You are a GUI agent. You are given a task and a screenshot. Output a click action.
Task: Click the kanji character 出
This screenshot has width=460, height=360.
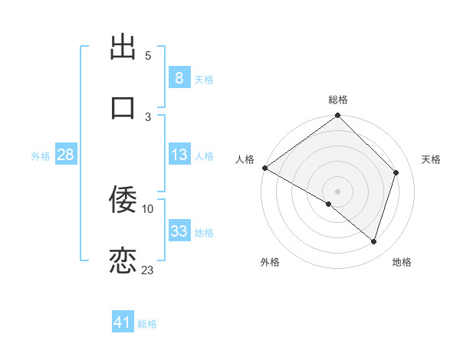[x=123, y=47]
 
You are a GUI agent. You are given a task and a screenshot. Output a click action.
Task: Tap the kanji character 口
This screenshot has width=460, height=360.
[x=123, y=107]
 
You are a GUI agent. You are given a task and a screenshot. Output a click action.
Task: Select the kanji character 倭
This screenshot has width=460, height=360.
[x=123, y=200]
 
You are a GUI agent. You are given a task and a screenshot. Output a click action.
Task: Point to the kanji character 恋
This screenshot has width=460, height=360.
[x=123, y=260]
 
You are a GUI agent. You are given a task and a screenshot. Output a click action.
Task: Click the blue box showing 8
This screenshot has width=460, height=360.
[x=179, y=77]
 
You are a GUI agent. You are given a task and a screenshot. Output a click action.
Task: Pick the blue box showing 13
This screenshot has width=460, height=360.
[x=179, y=155]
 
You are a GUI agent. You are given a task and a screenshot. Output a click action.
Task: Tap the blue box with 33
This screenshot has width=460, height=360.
[x=179, y=231]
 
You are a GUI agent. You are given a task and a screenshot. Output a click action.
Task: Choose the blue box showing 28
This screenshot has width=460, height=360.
[x=66, y=155]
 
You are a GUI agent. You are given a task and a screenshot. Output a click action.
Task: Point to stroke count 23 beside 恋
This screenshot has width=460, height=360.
[x=148, y=270]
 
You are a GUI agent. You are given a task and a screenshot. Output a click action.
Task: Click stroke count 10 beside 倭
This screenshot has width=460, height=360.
[x=148, y=208]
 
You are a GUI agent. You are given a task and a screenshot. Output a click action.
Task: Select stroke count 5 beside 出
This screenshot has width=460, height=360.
[x=148, y=56]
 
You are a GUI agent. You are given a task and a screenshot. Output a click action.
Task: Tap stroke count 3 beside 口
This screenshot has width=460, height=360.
[x=148, y=116]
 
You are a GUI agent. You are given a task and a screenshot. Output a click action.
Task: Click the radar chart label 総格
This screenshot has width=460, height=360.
[x=338, y=100]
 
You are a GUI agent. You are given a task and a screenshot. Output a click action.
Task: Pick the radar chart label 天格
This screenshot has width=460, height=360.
[x=432, y=159]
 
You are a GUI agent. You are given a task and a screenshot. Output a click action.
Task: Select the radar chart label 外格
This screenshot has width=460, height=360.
[x=269, y=262]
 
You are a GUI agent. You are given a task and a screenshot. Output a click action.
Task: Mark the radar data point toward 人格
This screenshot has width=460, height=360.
[x=264, y=168]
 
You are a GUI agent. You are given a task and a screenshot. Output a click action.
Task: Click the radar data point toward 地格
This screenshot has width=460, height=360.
[x=374, y=242]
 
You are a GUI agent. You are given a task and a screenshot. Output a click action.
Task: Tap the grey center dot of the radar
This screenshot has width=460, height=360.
[x=338, y=191]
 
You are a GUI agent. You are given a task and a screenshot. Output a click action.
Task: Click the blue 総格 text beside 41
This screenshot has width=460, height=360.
[x=148, y=324]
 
